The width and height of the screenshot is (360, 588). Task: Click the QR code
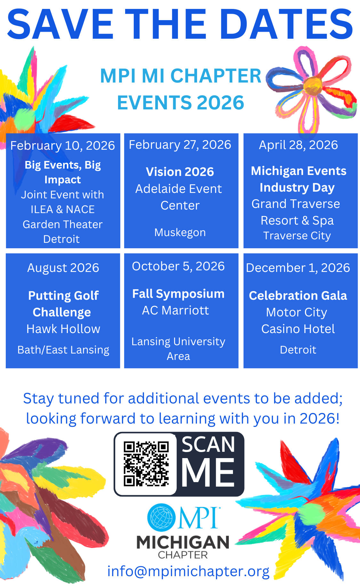[x=146, y=464]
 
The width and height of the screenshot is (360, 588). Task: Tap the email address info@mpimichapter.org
[x=188, y=571]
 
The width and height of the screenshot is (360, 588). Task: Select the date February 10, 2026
[x=63, y=146]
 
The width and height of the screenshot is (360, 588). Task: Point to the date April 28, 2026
[x=299, y=145]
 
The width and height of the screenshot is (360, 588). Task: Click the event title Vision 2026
[x=180, y=172]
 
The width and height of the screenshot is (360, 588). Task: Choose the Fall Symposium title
[x=179, y=294]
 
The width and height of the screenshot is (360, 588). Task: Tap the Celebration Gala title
[x=298, y=296]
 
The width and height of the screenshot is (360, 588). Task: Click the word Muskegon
[x=180, y=233]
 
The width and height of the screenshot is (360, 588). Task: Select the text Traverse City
[x=297, y=236]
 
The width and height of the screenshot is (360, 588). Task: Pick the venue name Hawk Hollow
[x=63, y=329]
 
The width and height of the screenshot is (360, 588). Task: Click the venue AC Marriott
[x=175, y=310]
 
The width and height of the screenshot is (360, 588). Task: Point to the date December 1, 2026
[x=298, y=268]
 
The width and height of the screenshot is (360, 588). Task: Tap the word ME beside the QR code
[x=208, y=473]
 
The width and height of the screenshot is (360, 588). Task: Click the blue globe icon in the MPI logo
[x=162, y=518]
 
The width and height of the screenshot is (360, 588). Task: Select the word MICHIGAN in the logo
[x=183, y=543]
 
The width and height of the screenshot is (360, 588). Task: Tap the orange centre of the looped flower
[x=312, y=85]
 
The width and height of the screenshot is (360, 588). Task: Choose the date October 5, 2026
[x=178, y=266]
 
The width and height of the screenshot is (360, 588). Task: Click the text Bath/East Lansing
[x=63, y=350]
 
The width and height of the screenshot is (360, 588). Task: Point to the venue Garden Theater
[x=63, y=224]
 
